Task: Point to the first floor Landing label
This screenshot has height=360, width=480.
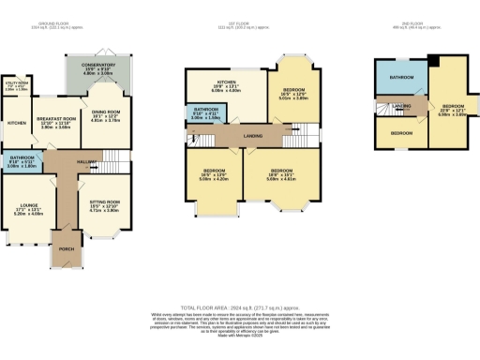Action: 252,136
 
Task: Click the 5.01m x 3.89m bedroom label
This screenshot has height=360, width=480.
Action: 295,94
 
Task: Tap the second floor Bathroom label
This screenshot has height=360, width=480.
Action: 403,77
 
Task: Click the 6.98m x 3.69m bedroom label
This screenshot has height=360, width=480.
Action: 453,109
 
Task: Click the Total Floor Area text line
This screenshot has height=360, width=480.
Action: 239,308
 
